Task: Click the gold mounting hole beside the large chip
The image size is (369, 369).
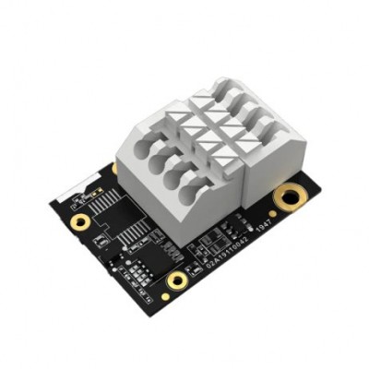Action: coord(80,221)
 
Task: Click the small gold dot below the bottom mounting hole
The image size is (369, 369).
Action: coord(165,297)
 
